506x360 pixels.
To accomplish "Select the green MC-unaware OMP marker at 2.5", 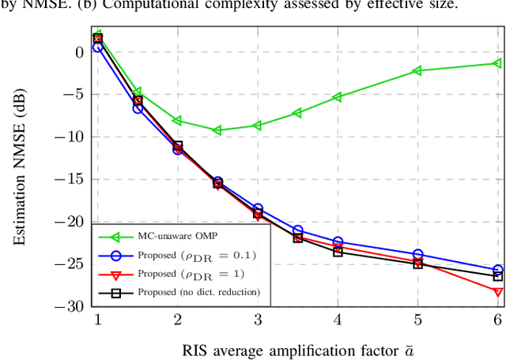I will pyautogui.click(x=217, y=130).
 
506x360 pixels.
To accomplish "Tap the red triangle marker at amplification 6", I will pyautogui.click(x=498, y=292).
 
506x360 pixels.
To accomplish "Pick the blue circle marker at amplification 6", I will pyautogui.click(x=498, y=270).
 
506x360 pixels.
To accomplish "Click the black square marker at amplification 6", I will pyautogui.click(x=498, y=276).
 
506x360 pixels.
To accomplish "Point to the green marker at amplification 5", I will pyautogui.click(x=417, y=71).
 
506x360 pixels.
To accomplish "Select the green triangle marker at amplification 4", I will pyautogui.click(x=338, y=97).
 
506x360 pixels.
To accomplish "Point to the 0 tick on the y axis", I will pyautogui.click(x=78, y=52).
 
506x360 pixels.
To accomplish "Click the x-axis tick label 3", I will pyautogui.click(x=258, y=319).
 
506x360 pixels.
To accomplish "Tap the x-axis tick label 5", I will pyautogui.click(x=417, y=319).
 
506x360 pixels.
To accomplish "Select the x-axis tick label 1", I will pyautogui.click(x=98, y=319).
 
